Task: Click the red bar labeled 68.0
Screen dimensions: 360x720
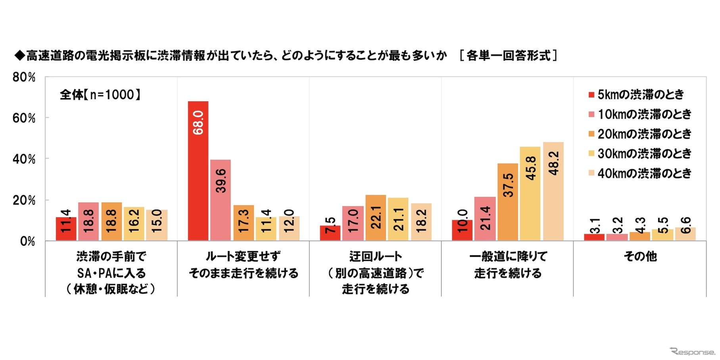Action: [x=198, y=171]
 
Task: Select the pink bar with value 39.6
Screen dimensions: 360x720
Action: [x=220, y=200]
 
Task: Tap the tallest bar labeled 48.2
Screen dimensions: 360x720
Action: [x=553, y=191]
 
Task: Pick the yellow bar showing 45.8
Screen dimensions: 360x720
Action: [x=530, y=194]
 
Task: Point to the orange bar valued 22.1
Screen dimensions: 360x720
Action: [x=376, y=218]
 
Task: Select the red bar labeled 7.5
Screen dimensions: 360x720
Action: [x=330, y=233]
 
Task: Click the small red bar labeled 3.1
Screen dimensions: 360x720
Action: [x=594, y=237]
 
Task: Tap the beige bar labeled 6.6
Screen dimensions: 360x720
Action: [x=685, y=234]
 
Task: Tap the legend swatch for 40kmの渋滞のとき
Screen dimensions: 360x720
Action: [x=591, y=173]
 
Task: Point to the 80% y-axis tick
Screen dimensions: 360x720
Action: [x=24, y=77]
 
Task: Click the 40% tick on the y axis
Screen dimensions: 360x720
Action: [x=24, y=159]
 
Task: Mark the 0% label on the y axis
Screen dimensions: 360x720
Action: [x=27, y=241]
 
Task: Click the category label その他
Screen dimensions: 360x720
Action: [x=640, y=256]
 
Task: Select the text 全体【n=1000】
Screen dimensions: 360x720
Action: [x=100, y=94]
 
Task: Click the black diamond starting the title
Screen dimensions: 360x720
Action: [x=19, y=56]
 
